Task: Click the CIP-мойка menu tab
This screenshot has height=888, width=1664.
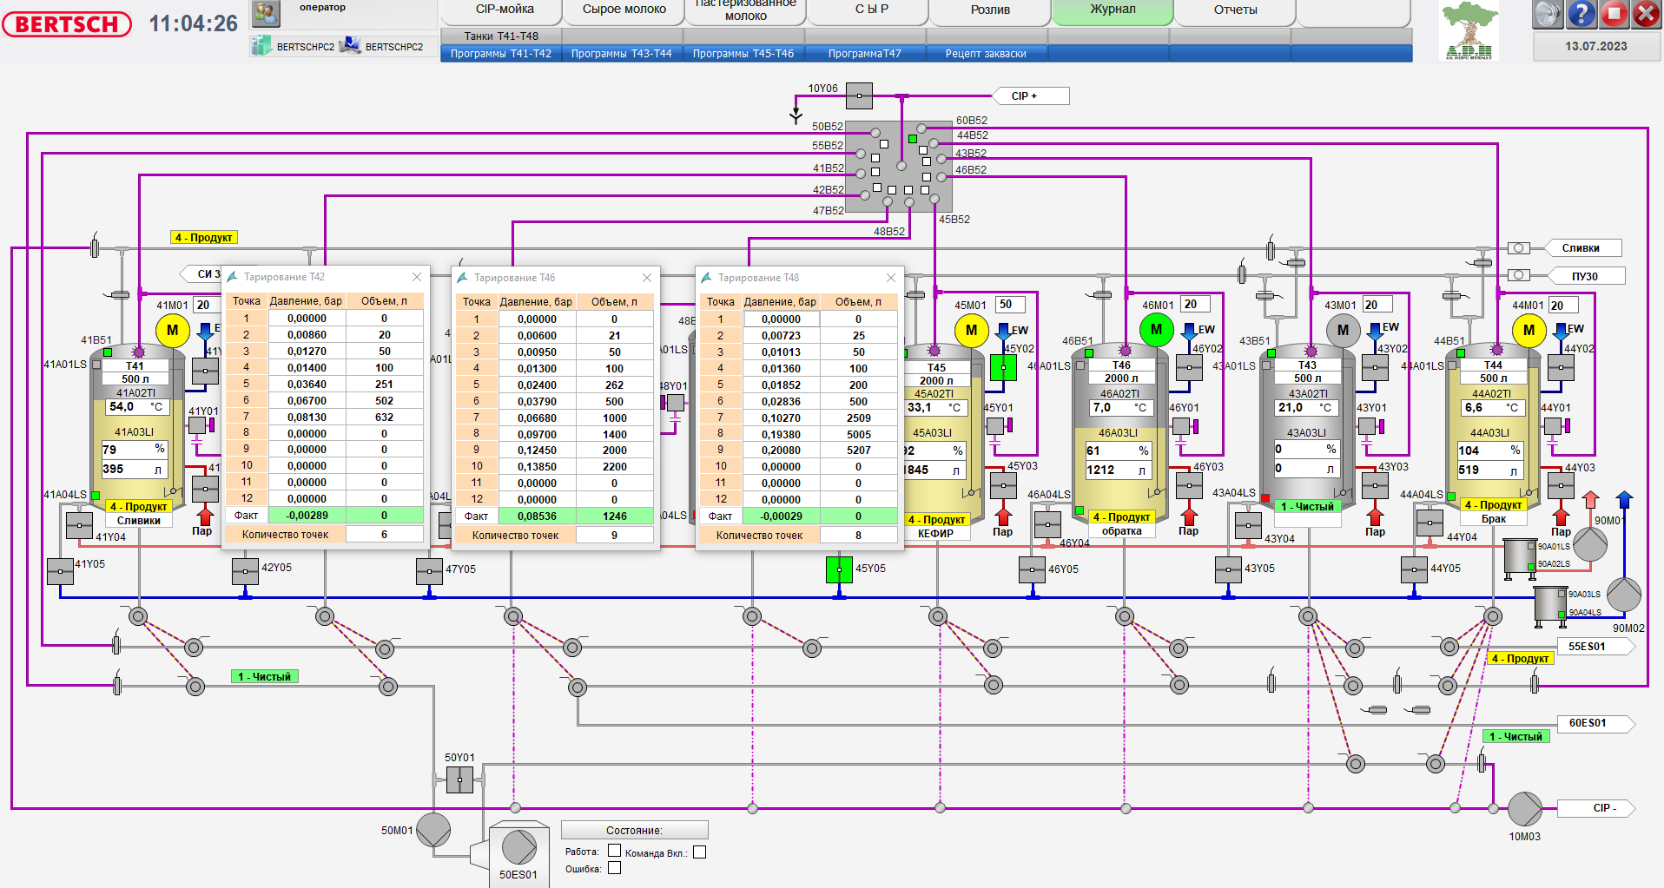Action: click(x=504, y=10)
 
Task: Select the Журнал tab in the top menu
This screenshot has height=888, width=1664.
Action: click(x=1113, y=10)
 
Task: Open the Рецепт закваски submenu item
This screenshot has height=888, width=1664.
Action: click(x=986, y=54)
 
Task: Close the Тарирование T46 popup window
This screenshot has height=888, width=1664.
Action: click(x=647, y=278)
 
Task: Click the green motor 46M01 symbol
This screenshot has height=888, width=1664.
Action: click(x=1156, y=330)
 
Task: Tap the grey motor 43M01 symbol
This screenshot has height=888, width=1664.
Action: click(x=1343, y=330)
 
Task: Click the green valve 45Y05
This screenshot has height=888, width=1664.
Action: click(x=839, y=569)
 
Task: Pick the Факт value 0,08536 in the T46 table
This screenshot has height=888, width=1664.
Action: click(x=537, y=516)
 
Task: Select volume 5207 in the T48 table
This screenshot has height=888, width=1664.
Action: click(x=858, y=451)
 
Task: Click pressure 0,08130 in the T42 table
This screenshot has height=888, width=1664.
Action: click(x=307, y=418)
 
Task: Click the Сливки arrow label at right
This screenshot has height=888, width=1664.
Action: click(x=1581, y=248)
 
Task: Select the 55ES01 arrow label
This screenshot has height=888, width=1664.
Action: click(x=1588, y=647)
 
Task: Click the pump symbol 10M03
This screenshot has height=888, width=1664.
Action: click(x=1523, y=808)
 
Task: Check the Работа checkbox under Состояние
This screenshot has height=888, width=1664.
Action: click(x=614, y=852)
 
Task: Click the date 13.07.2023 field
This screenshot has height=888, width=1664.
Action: click(x=1596, y=47)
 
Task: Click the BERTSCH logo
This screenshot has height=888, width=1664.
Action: click(x=67, y=24)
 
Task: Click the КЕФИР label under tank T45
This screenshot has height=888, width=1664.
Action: click(x=935, y=534)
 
